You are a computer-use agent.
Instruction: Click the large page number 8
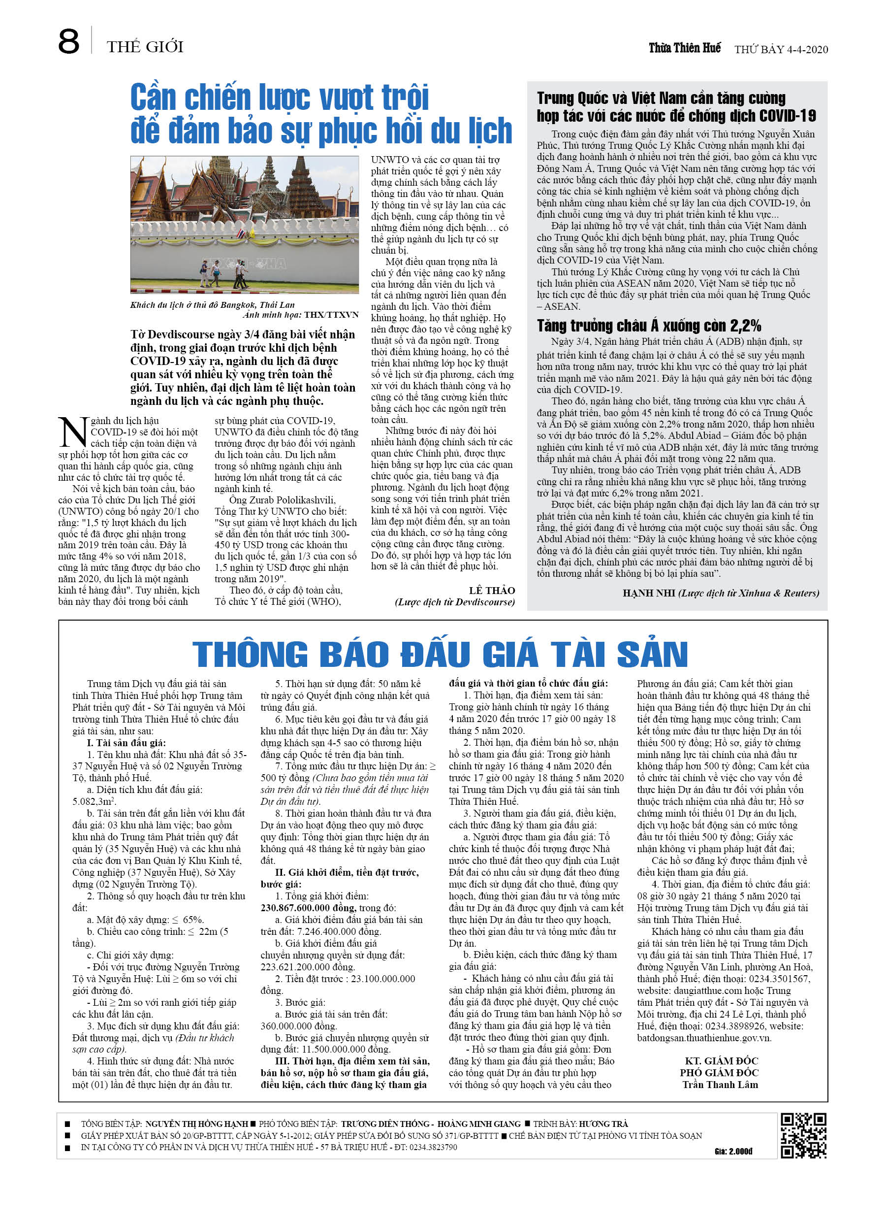coord(68,42)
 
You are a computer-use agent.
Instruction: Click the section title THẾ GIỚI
coord(145,47)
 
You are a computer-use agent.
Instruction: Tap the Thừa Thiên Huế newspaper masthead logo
coord(684,48)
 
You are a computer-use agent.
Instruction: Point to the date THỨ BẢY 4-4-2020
coord(781,50)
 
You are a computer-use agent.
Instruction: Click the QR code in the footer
coord(803,1136)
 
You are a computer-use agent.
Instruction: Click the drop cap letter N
coord(72,432)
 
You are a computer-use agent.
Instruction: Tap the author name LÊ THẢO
coord(492,591)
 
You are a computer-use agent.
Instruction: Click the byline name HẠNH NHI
coord(648,593)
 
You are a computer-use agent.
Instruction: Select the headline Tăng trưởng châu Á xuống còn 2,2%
coord(648,326)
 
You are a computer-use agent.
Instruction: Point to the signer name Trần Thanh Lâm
coord(720,1085)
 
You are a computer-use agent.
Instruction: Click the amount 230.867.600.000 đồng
coord(309,908)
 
